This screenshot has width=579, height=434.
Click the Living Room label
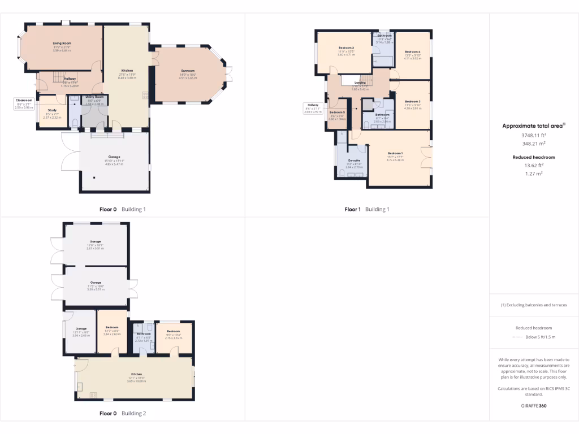tap(62, 43)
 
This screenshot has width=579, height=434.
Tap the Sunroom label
tap(188, 71)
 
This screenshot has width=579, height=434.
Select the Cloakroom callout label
tap(24, 100)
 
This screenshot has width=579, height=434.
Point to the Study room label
tap(52, 110)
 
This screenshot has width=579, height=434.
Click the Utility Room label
tap(94, 97)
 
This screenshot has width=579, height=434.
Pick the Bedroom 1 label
tap(395, 153)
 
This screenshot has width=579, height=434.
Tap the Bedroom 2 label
tap(346, 47)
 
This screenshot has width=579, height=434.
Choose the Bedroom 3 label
tap(412, 101)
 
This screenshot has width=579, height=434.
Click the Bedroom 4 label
tap(412, 51)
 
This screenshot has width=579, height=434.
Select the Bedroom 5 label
tap(337, 112)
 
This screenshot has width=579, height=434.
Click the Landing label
tap(360, 83)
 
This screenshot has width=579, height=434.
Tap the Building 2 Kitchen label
tap(136, 374)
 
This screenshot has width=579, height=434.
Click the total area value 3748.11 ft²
tap(534, 135)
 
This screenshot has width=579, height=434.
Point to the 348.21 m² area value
tap(534, 144)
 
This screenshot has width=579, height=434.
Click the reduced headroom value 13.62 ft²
tap(534, 165)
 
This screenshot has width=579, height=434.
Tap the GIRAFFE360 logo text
tap(534, 406)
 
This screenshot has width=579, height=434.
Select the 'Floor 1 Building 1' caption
tap(367, 209)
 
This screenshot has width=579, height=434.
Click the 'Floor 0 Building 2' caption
tap(123, 413)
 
